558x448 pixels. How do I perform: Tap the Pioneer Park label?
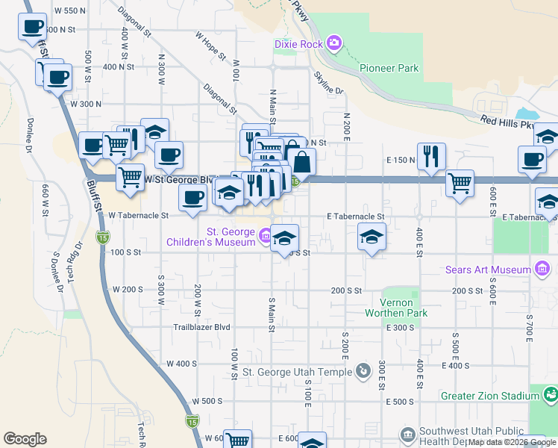389,68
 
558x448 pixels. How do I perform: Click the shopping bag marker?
301,162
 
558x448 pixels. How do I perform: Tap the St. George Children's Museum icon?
265,236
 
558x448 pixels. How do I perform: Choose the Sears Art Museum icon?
543,269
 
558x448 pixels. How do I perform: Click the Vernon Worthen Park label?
397,307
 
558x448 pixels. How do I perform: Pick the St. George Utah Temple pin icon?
363,370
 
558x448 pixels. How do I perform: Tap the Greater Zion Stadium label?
491,395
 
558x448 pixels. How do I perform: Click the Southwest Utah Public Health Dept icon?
407,433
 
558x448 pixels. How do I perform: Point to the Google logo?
25,438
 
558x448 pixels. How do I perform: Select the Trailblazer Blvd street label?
201,327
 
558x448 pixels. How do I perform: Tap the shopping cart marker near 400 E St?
460,181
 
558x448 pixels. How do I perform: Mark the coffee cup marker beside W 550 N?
31,27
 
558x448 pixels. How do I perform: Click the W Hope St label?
210,39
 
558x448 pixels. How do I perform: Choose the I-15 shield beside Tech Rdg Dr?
101,237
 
